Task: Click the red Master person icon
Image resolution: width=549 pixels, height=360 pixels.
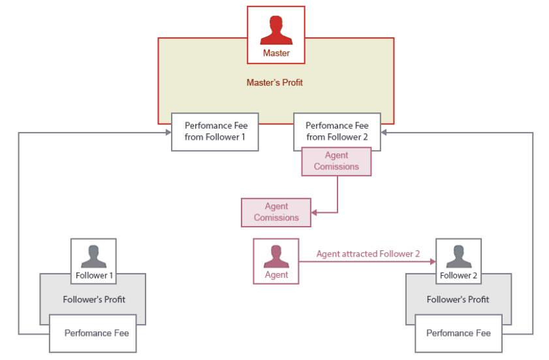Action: coord(276,29)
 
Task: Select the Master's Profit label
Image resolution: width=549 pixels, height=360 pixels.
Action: coord(275,83)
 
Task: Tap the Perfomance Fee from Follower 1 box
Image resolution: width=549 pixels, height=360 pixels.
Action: coord(215,131)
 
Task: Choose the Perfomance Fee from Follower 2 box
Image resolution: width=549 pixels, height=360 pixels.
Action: coord(337,131)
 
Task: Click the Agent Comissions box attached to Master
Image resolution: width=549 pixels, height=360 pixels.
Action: coord(336,161)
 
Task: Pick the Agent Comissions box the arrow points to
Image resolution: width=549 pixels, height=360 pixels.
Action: coord(276,212)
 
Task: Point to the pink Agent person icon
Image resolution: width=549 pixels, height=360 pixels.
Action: coord(276,255)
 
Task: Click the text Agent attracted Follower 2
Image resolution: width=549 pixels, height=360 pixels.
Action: coord(368,254)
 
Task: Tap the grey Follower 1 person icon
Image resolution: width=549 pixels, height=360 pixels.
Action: coord(94,255)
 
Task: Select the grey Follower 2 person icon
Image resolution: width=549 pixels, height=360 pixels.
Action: coord(458,255)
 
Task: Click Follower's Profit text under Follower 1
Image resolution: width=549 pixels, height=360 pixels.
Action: coord(94,299)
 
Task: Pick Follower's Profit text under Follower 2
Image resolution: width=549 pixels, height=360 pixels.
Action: coord(458,299)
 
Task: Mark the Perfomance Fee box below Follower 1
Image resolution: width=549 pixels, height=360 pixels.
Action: coord(93,333)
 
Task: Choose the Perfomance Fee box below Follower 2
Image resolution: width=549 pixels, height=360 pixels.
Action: coord(458,333)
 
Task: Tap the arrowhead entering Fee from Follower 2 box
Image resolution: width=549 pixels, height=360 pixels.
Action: coord(384,133)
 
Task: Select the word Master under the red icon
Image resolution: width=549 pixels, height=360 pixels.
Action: coord(276,53)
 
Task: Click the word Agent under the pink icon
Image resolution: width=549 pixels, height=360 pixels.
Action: coord(276,275)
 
